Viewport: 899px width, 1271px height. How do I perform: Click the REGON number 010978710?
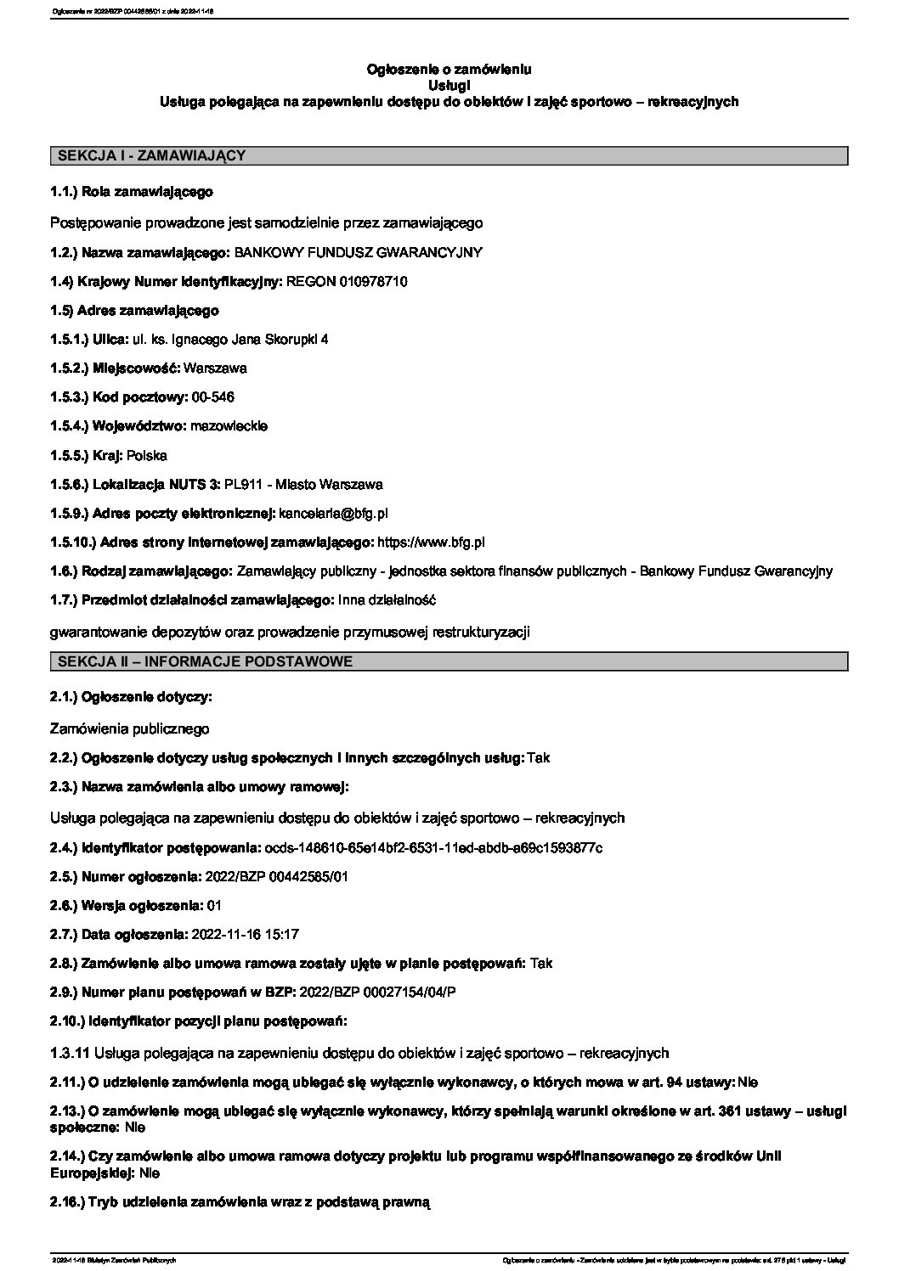(x=371, y=281)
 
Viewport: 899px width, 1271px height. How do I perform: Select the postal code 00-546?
(x=213, y=397)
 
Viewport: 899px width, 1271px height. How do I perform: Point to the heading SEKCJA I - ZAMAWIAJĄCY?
(x=150, y=155)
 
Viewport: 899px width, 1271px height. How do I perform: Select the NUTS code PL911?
(x=240, y=484)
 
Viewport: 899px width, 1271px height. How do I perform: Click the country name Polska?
(x=147, y=455)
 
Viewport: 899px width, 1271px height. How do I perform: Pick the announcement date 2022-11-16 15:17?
(x=246, y=934)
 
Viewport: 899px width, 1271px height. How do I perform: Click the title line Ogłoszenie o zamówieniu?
(x=449, y=69)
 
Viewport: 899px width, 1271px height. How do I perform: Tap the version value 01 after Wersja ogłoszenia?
(x=214, y=905)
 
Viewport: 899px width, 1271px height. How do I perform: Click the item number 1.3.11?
(x=71, y=1053)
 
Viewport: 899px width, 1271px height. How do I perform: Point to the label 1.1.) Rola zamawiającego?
(x=132, y=193)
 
